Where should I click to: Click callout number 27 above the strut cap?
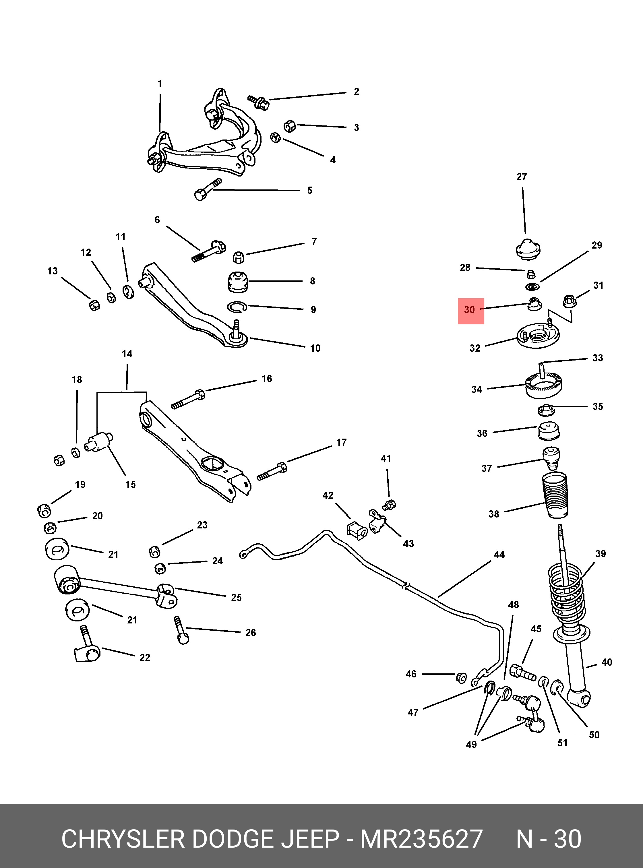coord(522,177)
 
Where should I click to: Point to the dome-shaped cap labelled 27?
coord(528,249)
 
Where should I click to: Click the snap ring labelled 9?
coord(237,307)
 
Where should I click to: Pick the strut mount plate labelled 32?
coord(538,336)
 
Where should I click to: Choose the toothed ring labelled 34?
coord(543,385)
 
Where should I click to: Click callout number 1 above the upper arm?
coord(160,84)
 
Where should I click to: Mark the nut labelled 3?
coord(290,126)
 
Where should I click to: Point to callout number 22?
coord(145,657)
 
